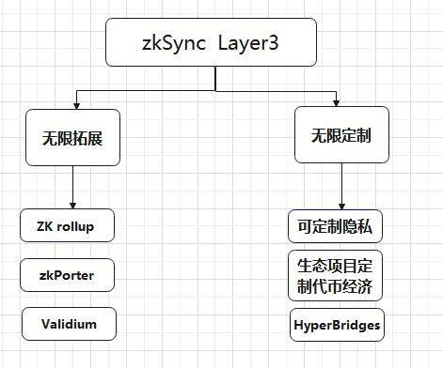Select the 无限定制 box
340,135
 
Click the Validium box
68,324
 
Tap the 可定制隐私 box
336,227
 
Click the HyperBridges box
336,326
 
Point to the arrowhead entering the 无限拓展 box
74,101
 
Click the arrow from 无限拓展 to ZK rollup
74,187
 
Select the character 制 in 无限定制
363,135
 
